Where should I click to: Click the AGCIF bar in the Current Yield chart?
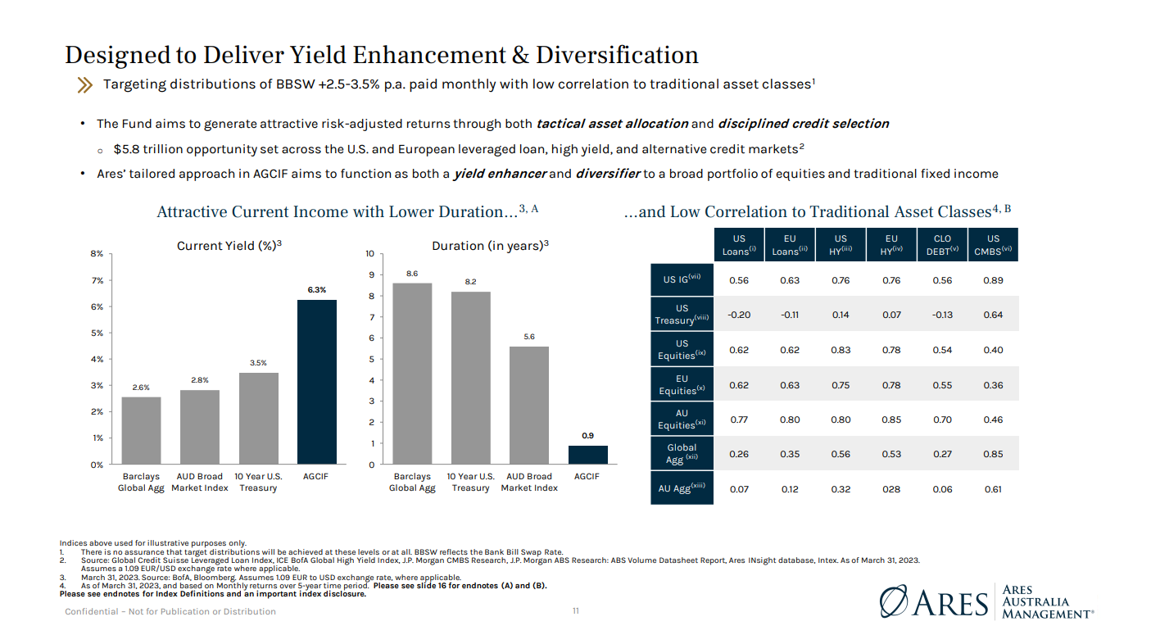click(316, 382)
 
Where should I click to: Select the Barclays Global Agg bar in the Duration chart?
click(412, 374)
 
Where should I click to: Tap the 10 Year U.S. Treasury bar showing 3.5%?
click(258, 418)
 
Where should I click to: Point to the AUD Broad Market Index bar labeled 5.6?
click(528, 405)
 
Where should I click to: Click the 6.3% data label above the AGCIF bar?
click(316, 289)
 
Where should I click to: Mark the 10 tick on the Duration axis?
click(370, 254)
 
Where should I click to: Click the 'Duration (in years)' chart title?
click(489, 245)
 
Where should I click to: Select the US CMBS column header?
click(993, 245)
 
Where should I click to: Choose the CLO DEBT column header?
click(942, 245)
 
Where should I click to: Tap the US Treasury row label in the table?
click(682, 315)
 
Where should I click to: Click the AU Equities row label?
click(682, 420)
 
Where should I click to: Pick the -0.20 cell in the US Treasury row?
click(739, 315)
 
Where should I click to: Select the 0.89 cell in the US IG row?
click(993, 280)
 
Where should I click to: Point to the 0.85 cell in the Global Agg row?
click(993, 454)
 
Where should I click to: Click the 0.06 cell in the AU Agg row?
click(942, 489)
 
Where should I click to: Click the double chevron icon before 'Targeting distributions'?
click(85, 84)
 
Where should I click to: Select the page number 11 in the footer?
click(575, 611)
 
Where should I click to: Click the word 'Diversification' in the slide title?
click(617, 55)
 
